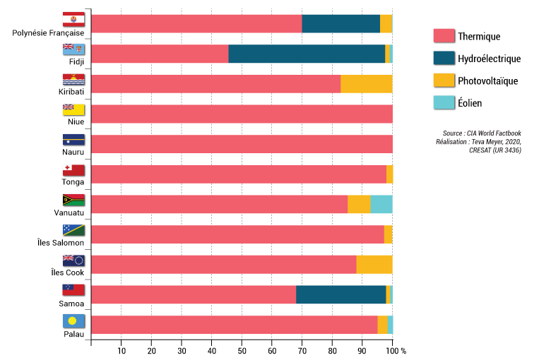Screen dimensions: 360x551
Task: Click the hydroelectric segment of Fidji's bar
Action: point(307,54)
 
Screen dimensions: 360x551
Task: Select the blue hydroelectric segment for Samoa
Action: point(340,294)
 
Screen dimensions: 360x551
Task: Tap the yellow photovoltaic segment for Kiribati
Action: point(366,83)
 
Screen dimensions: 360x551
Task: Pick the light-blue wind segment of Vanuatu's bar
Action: point(381,204)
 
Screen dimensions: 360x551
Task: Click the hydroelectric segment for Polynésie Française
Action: point(340,23)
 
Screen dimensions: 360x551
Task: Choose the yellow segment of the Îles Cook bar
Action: point(374,264)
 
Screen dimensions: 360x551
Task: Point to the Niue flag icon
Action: point(73,109)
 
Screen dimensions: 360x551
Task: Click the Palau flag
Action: point(73,321)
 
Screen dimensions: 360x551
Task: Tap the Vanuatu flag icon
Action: point(73,200)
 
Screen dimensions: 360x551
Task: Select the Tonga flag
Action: point(73,170)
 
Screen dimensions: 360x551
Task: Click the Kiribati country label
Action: point(71,92)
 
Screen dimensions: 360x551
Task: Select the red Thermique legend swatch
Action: point(443,36)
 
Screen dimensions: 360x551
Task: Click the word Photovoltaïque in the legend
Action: point(487,80)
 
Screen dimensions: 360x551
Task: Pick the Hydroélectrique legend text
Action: point(489,59)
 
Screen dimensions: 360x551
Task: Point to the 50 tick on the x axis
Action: point(242,351)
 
